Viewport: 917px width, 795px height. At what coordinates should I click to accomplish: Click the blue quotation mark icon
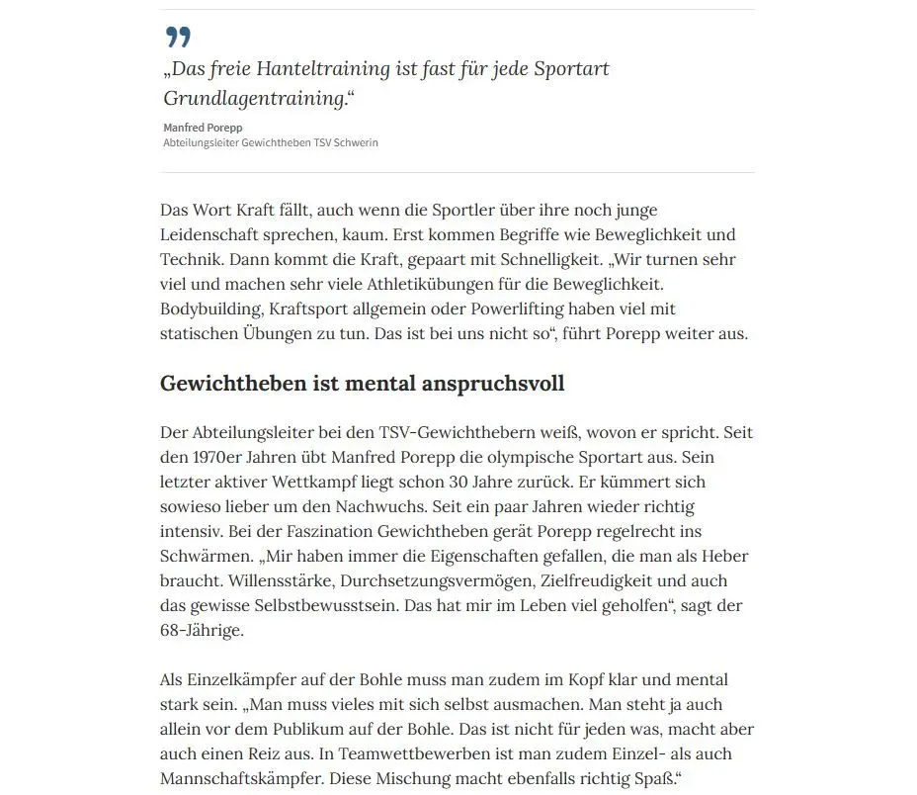point(178,38)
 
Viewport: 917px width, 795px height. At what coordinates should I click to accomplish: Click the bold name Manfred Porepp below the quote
point(203,128)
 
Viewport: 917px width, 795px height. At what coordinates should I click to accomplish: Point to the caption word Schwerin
point(356,142)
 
